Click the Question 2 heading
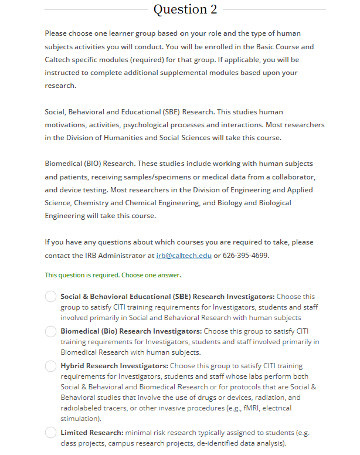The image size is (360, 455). coord(185,9)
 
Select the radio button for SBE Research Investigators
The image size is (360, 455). coord(51,297)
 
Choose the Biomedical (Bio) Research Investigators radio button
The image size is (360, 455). coord(51,332)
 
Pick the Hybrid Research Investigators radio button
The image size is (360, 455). coord(51,366)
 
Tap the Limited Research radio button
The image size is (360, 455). coord(51,433)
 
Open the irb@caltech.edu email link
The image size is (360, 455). coord(184,256)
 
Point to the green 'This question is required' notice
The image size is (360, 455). coord(113,274)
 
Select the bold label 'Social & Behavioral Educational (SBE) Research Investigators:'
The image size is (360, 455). coord(168,297)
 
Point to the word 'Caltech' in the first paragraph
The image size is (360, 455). coord(62,60)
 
